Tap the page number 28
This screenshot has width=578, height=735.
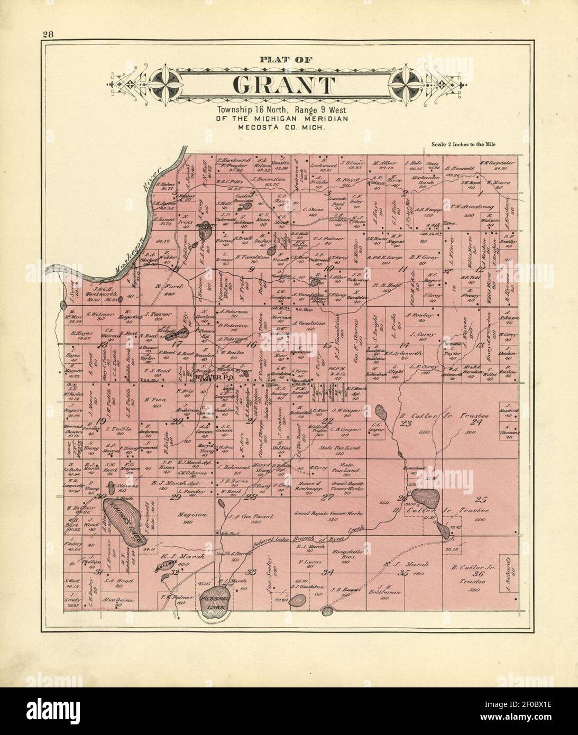point(49,35)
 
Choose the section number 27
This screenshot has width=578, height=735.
point(328,497)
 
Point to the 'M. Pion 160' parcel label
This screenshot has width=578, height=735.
point(150,402)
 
